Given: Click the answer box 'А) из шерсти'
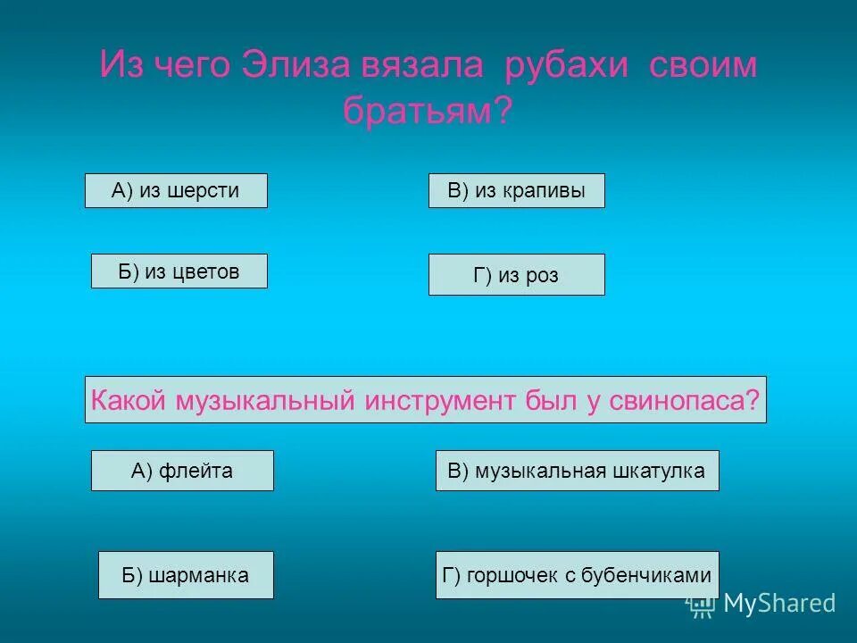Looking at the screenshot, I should pos(176,190).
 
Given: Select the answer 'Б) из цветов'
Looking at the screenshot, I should pos(179,271).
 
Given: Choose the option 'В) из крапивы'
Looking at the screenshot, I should pos(516,190).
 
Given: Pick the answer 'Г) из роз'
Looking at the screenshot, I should pos(516,275).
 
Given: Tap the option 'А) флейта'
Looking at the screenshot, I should pos(182,471).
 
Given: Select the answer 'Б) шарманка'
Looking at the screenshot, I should pos(186,575).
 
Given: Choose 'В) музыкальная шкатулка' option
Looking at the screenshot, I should pos(577,471).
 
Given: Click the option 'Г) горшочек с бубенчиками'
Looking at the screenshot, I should pos(577,575).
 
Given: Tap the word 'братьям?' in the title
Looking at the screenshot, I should pos(428,111).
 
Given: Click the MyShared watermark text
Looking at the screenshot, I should pos(778,604).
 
